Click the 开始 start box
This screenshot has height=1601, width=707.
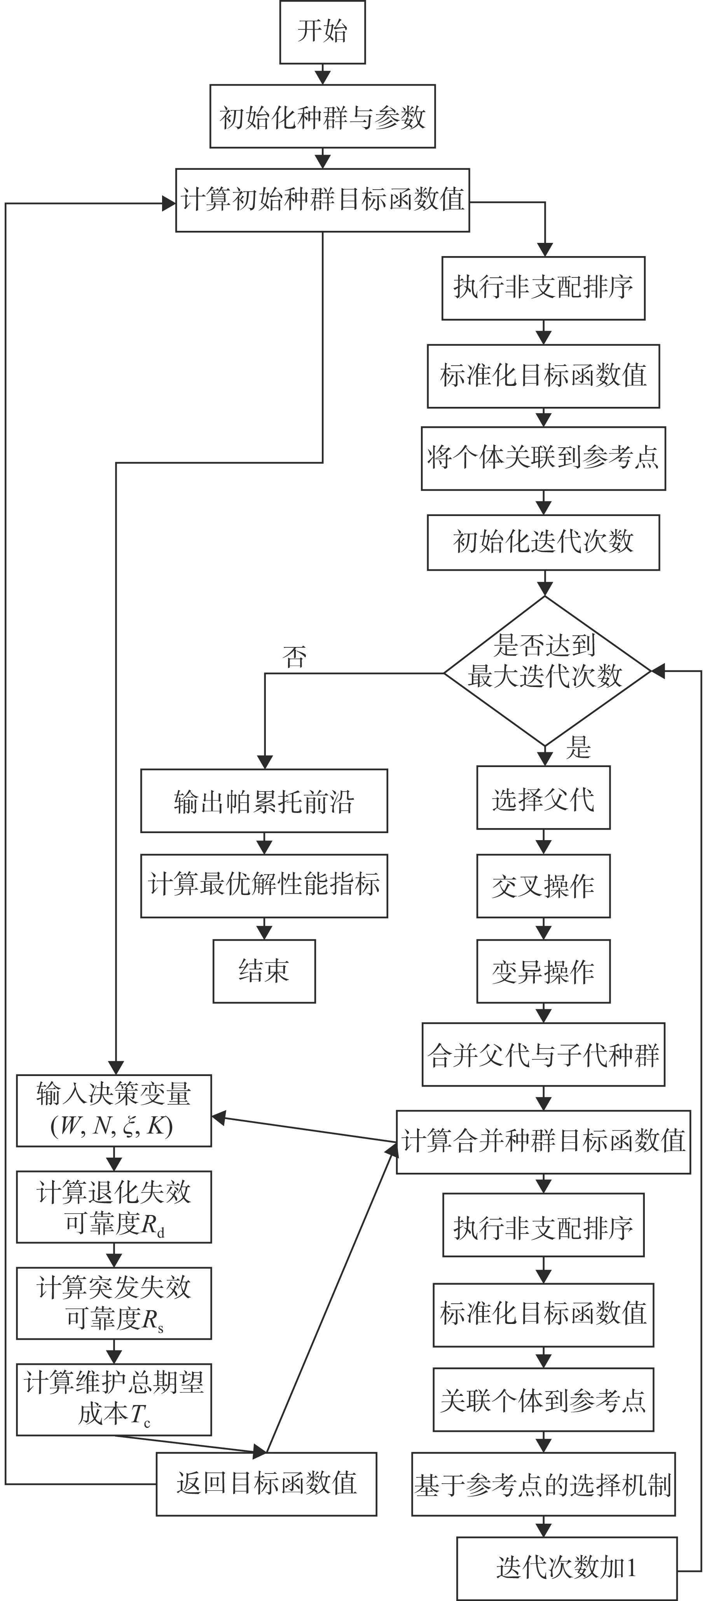(322, 32)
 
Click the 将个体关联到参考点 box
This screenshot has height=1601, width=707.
(543, 458)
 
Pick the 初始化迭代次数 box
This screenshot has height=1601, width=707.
(543, 542)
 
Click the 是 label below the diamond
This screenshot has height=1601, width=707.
(578, 748)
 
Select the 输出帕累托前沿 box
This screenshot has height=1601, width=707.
(264, 800)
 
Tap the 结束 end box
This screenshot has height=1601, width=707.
(264, 971)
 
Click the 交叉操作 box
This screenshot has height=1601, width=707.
(543, 886)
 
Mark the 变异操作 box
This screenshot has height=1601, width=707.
(543, 971)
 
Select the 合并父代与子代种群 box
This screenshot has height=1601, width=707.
(543, 1055)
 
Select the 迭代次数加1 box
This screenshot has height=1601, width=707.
(567, 1568)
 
